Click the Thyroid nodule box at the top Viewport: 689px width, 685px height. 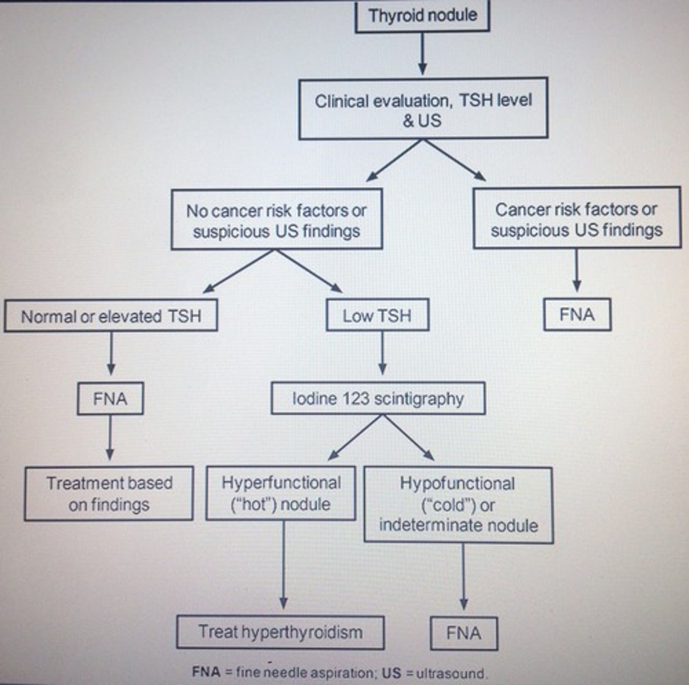[422, 15]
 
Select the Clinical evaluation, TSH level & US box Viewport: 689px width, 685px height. [423, 110]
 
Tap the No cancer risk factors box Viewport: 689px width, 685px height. [276, 220]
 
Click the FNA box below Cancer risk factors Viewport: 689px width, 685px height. [577, 315]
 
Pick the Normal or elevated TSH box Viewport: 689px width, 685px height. [111, 316]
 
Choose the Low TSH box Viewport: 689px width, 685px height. [377, 316]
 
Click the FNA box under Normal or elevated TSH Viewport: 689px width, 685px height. [110, 398]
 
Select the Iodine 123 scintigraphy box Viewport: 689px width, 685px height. [378, 398]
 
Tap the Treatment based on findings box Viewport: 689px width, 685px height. [109, 494]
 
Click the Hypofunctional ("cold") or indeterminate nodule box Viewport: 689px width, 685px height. [458, 505]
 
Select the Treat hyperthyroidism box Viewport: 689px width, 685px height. [280, 632]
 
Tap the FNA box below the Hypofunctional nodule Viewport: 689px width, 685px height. [464, 633]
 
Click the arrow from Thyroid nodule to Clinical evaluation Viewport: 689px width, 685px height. [422, 54]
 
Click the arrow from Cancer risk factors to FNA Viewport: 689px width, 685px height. [577, 271]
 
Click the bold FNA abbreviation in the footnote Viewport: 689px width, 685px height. [206, 672]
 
